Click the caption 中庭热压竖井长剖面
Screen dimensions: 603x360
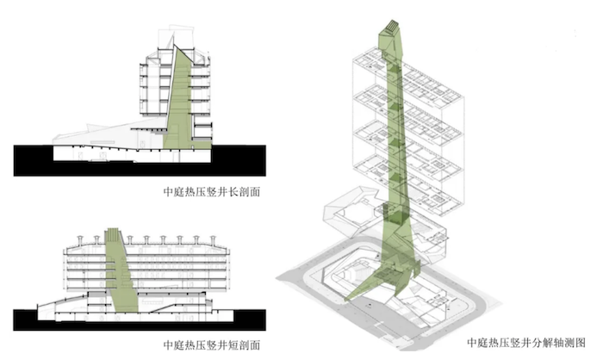coord(212,191)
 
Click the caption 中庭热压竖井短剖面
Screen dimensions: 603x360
coord(212,344)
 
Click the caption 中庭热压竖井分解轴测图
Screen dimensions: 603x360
coord(526,342)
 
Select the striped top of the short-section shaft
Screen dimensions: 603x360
coord(112,235)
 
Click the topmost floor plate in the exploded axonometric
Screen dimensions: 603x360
coord(407,75)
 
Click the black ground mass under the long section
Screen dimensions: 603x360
coord(140,169)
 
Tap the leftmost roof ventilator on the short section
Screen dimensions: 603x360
coord(80,240)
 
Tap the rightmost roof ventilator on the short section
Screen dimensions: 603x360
coord(213,240)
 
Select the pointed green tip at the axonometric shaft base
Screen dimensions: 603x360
coord(346,299)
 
